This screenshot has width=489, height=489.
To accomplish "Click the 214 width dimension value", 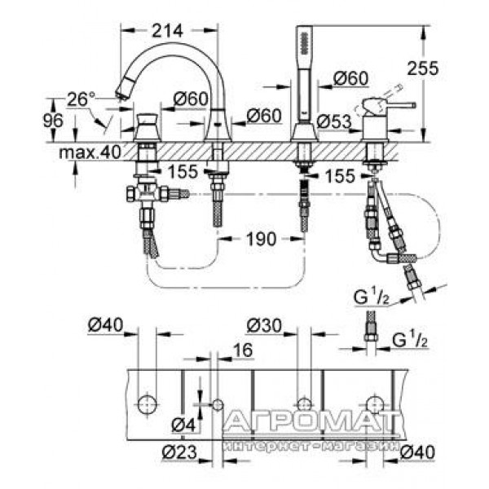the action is tap(167, 31).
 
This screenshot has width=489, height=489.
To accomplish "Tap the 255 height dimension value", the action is tap(422, 68).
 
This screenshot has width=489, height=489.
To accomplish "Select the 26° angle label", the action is tap(81, 99).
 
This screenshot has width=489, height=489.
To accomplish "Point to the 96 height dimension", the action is tap(53, 121).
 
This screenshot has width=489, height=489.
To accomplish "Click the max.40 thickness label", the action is tap(90, 152).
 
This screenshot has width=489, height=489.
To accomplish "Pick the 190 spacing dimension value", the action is tap(262, 239).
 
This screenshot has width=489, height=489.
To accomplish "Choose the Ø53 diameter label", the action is tap(333, 121).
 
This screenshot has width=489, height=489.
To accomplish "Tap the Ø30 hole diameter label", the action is tap(264, 326).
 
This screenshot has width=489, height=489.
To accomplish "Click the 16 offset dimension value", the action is tap(243, 350).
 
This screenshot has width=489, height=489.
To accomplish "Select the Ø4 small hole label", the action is tap(183, 425).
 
